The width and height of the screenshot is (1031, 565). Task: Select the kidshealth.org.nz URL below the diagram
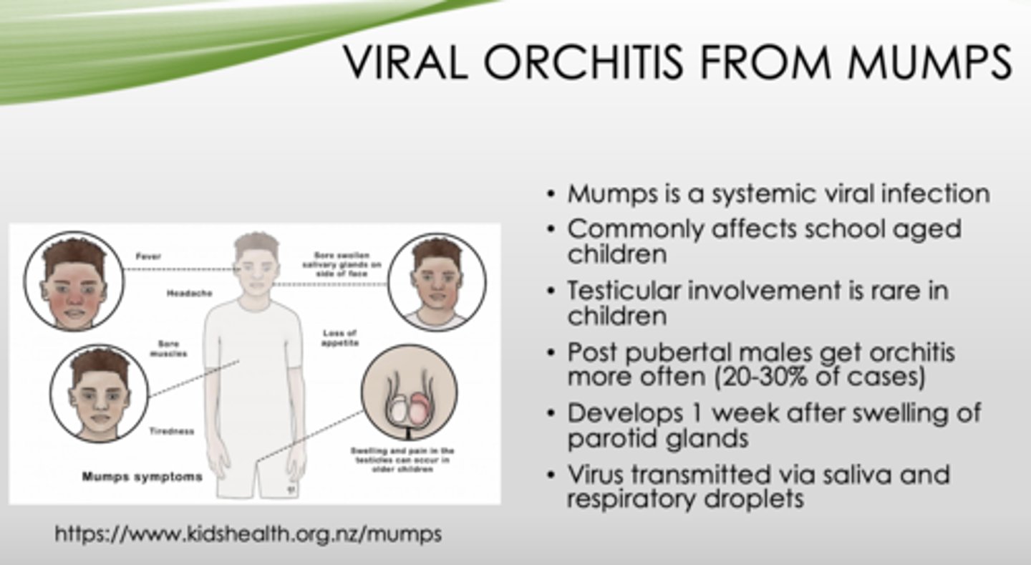pos(248,533)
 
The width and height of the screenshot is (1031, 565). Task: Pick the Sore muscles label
pos(169,348)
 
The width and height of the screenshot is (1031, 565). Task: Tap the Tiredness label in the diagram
pos(171,431)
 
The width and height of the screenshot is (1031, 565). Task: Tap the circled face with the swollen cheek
pos(437,281)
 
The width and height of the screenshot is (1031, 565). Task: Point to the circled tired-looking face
pos(99,392)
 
